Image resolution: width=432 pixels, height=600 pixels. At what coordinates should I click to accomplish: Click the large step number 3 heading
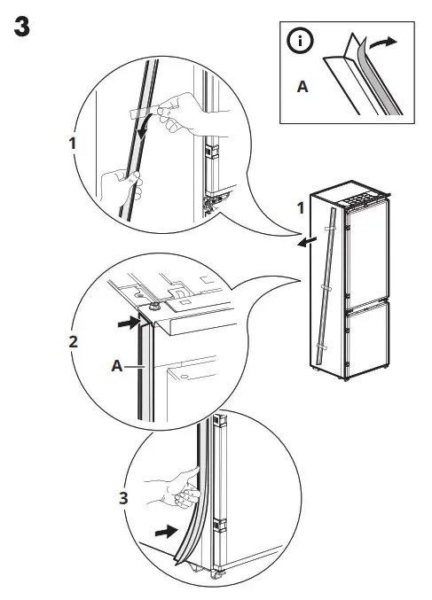(22, 27)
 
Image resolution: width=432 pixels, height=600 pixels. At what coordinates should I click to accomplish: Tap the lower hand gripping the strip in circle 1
(119, 186)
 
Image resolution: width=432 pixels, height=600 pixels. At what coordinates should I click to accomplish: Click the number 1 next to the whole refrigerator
(302, 209)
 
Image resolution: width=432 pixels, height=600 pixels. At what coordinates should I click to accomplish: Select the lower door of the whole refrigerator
(365, 341)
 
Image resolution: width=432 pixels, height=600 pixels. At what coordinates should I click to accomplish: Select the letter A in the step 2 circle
(118, 363)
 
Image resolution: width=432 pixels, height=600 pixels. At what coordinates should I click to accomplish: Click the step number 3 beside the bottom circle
(123, 499)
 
